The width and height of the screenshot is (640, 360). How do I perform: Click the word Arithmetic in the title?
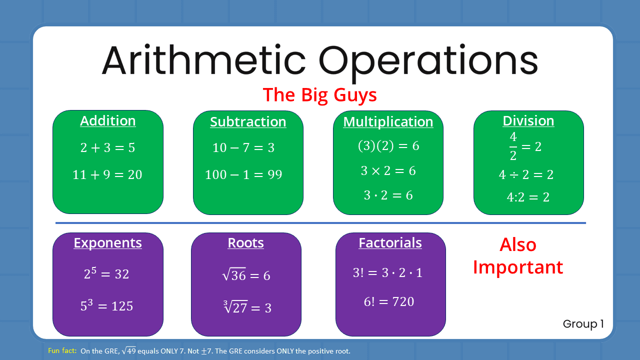(x=203, y=59)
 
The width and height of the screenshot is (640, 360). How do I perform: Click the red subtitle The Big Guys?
(x=319, y=94)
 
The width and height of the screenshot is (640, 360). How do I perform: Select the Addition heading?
(x=108, y=121)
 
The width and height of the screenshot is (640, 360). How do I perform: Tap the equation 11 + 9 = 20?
(x=107, y=174)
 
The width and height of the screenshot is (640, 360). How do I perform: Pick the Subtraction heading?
(x=248, y=122)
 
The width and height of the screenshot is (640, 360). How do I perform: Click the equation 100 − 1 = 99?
(x=243, y=174)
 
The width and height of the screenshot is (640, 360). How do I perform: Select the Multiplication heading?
(x=388, y=122)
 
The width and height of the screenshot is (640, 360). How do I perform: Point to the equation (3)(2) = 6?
(x=388, y=145)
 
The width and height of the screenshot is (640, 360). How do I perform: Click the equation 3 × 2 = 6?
(x=388, y=170)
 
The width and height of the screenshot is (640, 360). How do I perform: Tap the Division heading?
(x=528, y=121)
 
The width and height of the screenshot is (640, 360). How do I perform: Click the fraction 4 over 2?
(x=513, y=146)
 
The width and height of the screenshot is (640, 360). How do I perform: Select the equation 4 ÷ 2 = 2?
(x=526, y=174)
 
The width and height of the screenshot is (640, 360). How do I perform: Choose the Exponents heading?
(x=108, y=243)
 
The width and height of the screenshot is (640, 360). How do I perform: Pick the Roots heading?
(x=246, y=243)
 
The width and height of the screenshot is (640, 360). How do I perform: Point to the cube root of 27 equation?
(x=247, y=306)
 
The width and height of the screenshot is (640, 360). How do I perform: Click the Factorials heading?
(x=390, y=243)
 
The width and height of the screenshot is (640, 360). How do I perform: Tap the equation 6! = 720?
(x=389, y=301)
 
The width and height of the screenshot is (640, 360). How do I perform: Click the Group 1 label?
(x=583, y=324)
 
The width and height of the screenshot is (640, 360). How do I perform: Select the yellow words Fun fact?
(x=62, y=351)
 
